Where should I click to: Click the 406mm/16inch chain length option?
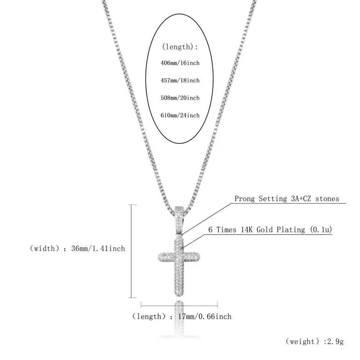coord(180,63)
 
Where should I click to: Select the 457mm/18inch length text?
coord(180,80)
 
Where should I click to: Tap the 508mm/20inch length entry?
coord(180,98)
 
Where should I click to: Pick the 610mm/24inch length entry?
coord(180,115)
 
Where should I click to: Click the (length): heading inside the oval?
coord(180,47)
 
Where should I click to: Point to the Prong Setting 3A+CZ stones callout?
coord(287,199)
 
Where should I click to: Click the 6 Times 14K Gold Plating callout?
coord(270,230)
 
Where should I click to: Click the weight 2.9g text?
coord(315,341)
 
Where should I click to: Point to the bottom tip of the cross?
coord(179,296)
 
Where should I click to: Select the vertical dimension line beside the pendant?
coord(131,251)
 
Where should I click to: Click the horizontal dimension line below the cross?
coord(179,306)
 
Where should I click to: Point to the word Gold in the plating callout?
coord(265,230)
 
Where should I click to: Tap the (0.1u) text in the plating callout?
coord(321,230)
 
